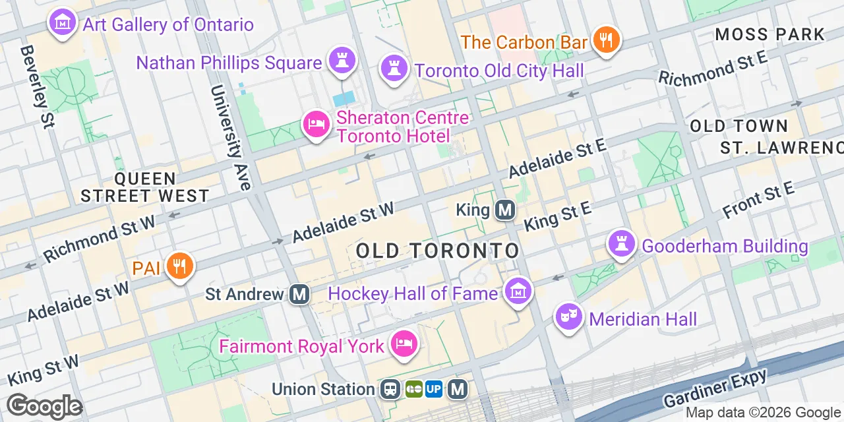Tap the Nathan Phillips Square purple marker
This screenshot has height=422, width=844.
(342, 61)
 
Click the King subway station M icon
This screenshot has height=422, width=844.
(505, 210)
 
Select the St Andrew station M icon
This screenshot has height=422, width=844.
(299, 294)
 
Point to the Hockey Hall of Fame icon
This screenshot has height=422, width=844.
(518, 292)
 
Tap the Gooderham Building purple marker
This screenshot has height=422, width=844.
(621, 245)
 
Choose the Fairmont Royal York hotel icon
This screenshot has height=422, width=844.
(404, 345)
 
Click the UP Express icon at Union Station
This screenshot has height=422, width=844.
(434, 390)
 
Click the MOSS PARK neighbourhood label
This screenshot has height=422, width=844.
(769, 34)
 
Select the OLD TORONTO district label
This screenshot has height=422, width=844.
(438, 251)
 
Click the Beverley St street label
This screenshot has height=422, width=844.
(37, 86)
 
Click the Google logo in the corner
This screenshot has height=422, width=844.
(44, 407)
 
